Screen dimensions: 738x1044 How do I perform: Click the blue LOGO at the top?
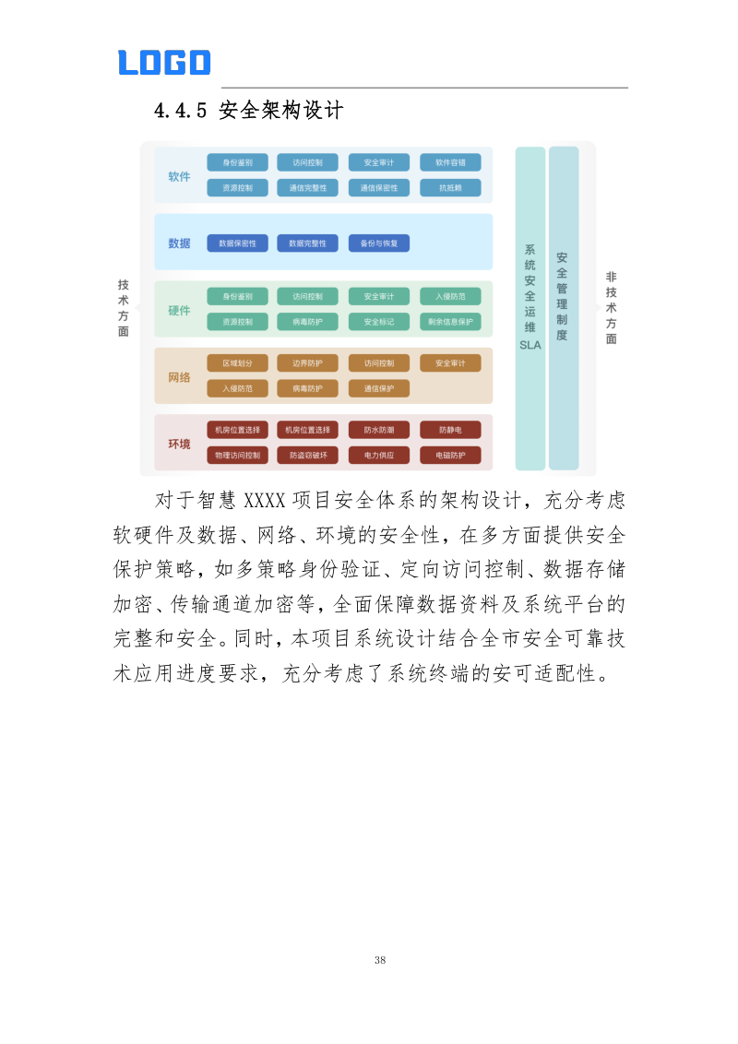click(164, 63)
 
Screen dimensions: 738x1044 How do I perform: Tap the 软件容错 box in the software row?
click(450, 162)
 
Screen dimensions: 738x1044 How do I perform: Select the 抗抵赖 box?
click(450, 188)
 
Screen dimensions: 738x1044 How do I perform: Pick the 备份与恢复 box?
click(379, 243)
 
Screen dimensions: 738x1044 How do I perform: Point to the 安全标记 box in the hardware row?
click(379, 322)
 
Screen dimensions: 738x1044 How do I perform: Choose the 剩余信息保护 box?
click(450, 322)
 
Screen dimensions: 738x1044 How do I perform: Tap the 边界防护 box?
click(308, 363)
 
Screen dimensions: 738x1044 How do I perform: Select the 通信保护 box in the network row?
click(379, 388)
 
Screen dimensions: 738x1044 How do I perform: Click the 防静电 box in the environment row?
click(450, 430)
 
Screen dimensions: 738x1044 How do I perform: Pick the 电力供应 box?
click(379, 455)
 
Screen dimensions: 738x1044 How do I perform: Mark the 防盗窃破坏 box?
click(308, 455)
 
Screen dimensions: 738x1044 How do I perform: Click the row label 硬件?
click(179, 310)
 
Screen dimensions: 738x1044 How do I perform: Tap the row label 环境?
click(179, 444)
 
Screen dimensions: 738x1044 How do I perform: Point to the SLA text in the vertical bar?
click(530, 345)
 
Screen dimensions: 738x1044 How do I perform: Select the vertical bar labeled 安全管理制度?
click(563, 308)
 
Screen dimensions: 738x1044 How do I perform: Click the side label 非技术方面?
click(611, 308)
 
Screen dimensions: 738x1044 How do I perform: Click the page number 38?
click(380, 960)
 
